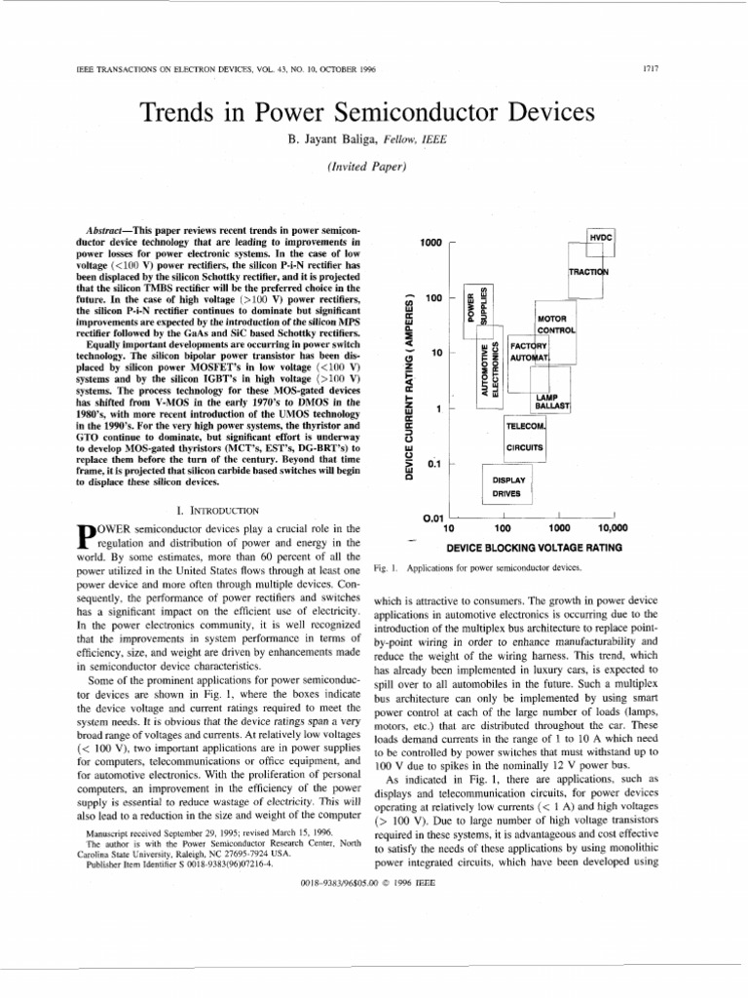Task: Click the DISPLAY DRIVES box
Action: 508,487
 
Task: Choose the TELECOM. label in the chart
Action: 526,427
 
